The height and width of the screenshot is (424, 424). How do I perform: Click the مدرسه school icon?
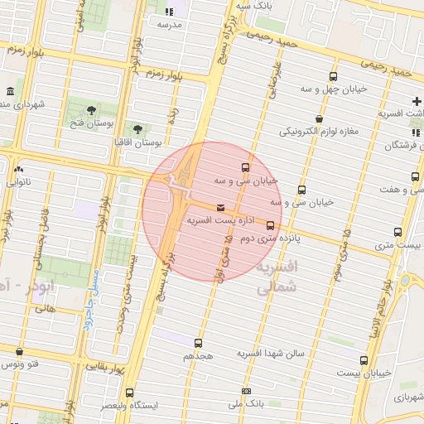click(169, 12)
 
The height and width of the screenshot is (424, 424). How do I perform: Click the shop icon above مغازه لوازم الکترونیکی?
click(319, 118)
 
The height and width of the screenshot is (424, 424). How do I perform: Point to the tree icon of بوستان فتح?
click(91, 110)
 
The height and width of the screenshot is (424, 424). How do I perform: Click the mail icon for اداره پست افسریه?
click(219, 208)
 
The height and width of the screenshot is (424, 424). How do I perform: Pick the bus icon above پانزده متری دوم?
click(270, 225)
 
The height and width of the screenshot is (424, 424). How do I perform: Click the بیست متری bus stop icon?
click(398, 233)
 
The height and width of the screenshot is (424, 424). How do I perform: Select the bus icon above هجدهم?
click(198, 342)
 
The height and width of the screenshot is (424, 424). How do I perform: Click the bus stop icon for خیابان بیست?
click(364, 360)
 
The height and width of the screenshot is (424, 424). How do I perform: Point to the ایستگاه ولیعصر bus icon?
click(128, 393)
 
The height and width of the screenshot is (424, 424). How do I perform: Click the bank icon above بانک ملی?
click(245, 391)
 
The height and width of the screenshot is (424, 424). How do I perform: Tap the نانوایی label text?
click(18, 181)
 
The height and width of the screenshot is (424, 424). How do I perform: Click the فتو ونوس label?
click(20, 364)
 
